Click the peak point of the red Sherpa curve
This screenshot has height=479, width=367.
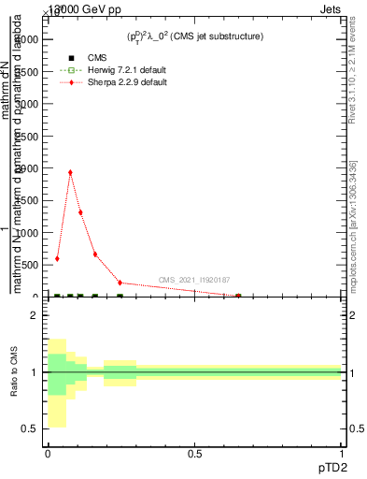[70, 172]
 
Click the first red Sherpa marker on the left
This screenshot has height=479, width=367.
[57, 258]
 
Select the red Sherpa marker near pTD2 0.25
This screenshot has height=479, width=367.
[120, 283]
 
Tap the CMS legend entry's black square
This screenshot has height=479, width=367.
[72, 58]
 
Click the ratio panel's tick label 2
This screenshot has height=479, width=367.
[35, 316]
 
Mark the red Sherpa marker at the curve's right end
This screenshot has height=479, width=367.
[238, 296]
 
